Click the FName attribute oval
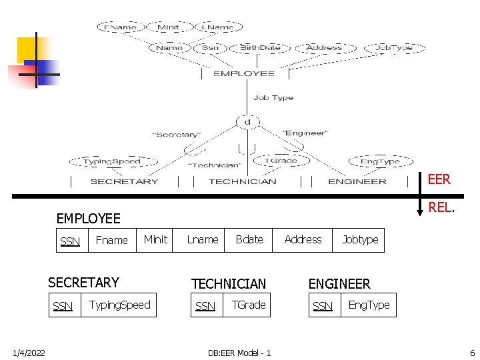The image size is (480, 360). click(x=120, y=27)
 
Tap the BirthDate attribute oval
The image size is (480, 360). click(x=260, y=47)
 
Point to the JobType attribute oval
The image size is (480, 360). click(x=394, y=47)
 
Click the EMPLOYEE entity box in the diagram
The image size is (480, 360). click(x=244, y=73)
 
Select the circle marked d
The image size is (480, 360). click(x=247, y=122)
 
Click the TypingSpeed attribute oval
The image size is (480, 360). click(x=112, y=161)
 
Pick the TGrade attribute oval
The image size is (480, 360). click(x=281, y=160)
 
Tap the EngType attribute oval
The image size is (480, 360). click(x=380, y=161)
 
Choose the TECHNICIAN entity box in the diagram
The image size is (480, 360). click(x=242, y=181)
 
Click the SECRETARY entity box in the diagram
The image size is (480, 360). click(x=125, y=181)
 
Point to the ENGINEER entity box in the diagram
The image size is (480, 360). click(x=357, y=181)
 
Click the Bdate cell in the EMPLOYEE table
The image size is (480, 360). click(x=249, y=240)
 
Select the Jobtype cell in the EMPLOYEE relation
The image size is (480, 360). click(x=360, y=240)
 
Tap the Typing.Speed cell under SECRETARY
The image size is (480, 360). click(x=120, y=305)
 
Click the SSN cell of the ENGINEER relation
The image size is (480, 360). click(x=323, y=306)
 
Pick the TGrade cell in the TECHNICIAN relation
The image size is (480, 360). click(x=249, y=305)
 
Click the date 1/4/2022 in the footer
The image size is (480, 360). click(x=29, y=352)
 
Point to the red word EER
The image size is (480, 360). click(x=439, y=179)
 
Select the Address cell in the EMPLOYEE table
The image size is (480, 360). click(x=303, y=240)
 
